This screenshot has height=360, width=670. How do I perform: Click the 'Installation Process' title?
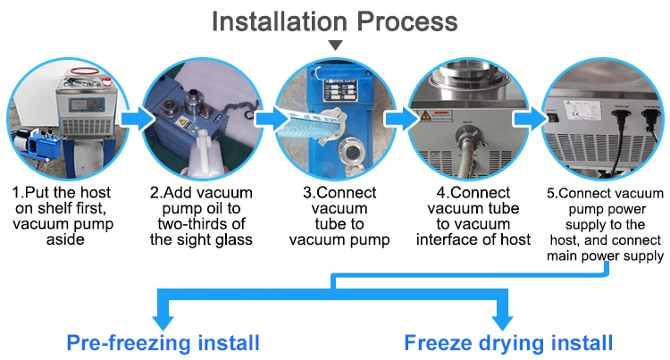[334, 21]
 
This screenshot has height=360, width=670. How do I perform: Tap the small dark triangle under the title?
[335, 45]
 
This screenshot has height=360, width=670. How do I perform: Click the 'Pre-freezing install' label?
[163, 342]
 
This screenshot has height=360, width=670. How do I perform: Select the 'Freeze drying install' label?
[508, 342]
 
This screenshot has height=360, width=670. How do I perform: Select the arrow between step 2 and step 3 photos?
[269, 118]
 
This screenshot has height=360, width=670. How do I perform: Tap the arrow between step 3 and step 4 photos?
[401, 118]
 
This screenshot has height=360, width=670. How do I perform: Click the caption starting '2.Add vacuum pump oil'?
[202, 215]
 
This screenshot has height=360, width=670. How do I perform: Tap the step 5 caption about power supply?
[606, 223]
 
